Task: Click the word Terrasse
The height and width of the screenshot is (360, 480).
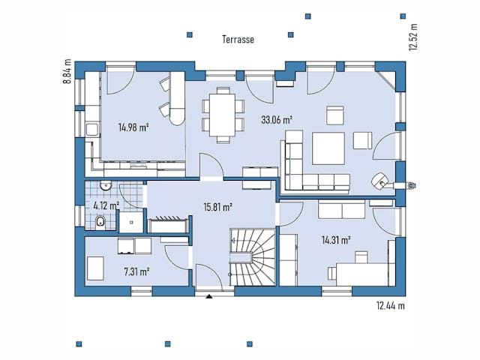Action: (238, 38)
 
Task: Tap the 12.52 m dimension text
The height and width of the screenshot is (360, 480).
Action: (412, 36)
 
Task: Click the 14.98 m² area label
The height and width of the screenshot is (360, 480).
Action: (133, 127)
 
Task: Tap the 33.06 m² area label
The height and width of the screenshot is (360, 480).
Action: (276, 118)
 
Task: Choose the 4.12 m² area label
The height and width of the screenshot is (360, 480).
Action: (106, 205)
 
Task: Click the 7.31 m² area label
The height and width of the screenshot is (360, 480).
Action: (134, 270)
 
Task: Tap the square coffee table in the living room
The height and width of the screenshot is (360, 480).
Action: (328, 147)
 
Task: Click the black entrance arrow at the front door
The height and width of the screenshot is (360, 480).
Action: (208, 296)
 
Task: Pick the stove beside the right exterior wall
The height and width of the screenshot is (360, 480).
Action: (381, 180)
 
